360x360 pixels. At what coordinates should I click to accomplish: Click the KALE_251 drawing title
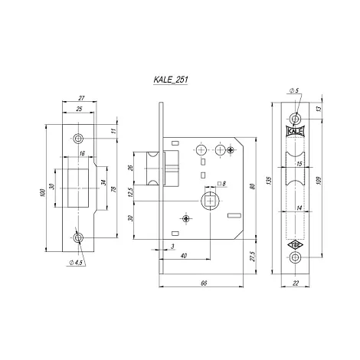[x=171, y=80]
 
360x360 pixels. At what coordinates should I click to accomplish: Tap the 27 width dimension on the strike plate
[x=81, y=98]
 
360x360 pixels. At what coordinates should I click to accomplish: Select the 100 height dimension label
[x=42, y=192]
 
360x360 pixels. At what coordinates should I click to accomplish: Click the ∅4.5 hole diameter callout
[x=76, y=262]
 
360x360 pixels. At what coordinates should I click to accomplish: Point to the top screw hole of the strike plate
[x=78, y=139]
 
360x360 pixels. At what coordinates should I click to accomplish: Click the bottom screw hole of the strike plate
[x=78, y=238]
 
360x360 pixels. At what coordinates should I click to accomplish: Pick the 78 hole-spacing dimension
[x=114, y=189]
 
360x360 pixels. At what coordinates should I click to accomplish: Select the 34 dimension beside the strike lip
[x=103, y=183]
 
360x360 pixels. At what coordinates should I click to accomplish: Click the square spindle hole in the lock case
[x=210, y=201]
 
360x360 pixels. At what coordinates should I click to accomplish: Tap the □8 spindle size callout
[x=221, y=183]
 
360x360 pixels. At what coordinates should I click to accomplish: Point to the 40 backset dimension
[x=184, y=255]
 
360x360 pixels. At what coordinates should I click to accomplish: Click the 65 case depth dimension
[x=204, y=283]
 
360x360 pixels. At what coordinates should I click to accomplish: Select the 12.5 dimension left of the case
[x=131, y=192]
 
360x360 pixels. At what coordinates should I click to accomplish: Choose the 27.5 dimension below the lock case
[x=252, y=256]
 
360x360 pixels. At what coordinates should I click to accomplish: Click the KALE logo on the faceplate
[x=295, y=131]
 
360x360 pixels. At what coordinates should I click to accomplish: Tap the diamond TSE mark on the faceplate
[x=295, y=245]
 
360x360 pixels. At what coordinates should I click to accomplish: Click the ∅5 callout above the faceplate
[x=294, y=90]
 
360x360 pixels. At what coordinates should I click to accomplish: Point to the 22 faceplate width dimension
[x=296, y=283]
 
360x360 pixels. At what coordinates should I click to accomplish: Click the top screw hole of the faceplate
[x=295, y=119]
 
